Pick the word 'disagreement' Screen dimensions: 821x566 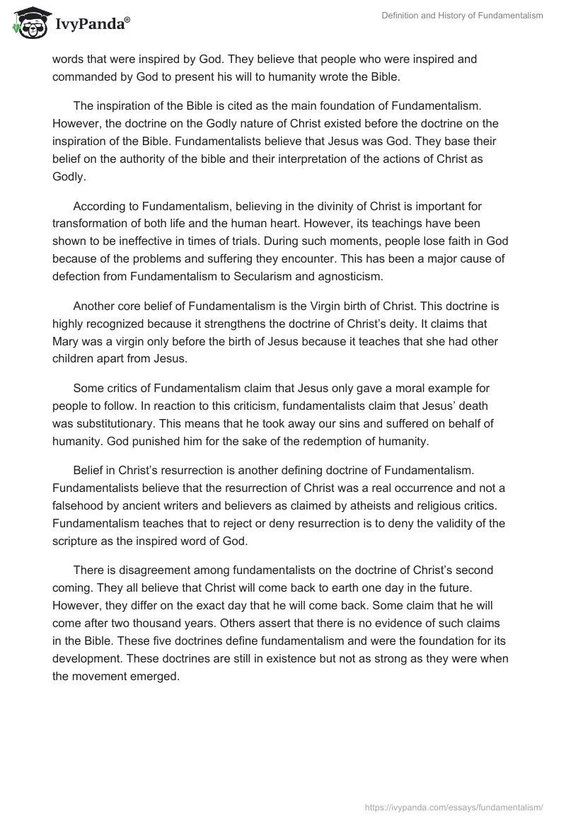pos(142,570)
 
